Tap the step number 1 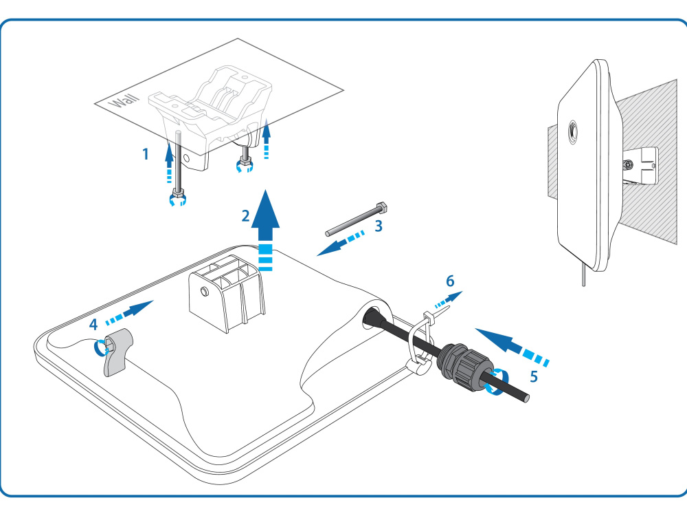[x=146, y=154]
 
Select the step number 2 [x=246, y=216]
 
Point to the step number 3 [x=379, y=226]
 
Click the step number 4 [x=93, y=325]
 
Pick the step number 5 [x=534, y=376]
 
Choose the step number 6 [x=450, y=281]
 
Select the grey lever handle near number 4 [x=116, y=352]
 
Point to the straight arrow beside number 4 [x=130, y=312]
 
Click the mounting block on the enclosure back [x=227, y=294]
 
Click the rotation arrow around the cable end [x=497, y=382]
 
